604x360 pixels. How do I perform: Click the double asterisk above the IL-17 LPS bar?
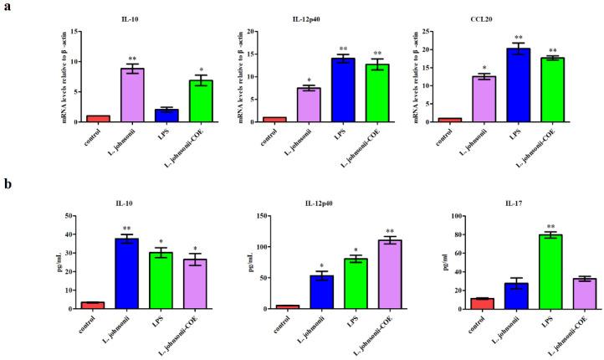click(x=526, y=226)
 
